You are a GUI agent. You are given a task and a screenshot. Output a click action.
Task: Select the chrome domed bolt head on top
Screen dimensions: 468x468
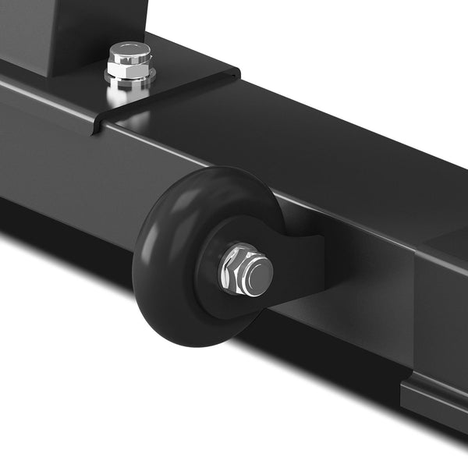129,52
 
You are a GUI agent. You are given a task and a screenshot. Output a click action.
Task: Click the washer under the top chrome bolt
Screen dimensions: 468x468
129,78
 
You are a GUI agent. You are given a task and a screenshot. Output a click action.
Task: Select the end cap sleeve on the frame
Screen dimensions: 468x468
441,312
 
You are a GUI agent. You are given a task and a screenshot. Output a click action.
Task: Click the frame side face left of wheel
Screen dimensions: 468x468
62,156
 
